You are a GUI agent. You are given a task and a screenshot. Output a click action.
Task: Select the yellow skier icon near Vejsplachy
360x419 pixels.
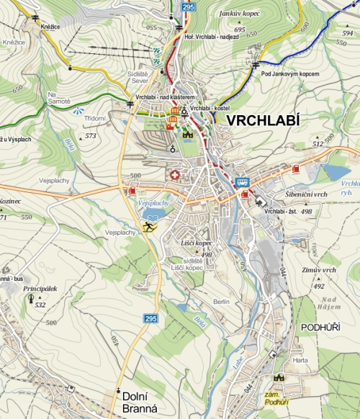(148, 227)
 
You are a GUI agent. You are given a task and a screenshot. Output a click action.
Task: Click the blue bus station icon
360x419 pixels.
(243, 182)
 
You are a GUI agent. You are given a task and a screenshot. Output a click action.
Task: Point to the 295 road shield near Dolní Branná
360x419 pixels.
(150, 318)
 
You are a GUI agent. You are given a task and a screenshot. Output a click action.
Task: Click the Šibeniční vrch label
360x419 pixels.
(286, 195)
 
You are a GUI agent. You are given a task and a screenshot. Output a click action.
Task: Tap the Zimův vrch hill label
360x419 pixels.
(320, 270)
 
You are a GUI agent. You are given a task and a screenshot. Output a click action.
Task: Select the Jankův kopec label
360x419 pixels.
(240, 13)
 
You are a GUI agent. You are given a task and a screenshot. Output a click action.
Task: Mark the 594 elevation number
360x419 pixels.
(348, 34)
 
